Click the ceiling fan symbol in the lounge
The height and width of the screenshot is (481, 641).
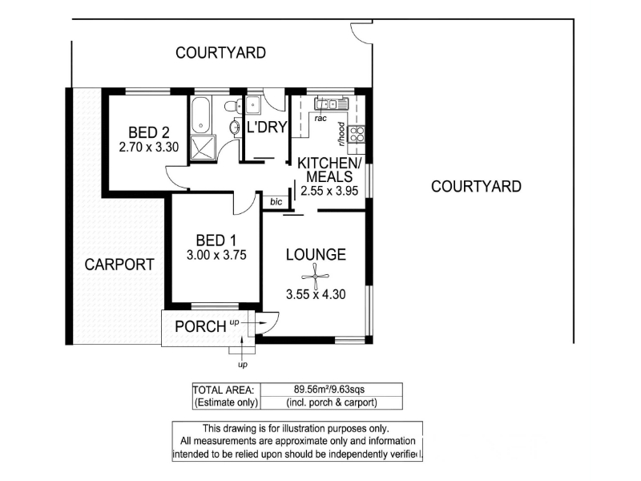point(315,277)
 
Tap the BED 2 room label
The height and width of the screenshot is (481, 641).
point(149,132)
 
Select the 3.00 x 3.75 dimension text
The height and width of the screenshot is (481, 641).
point(216,255)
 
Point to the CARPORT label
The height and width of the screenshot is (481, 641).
point(119,265)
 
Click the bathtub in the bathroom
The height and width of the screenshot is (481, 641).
point(201,115)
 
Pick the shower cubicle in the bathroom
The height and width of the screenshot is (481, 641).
point(203,148)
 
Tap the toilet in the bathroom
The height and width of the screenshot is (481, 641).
point(233,107)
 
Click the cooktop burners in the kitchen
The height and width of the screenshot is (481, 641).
point(356,134)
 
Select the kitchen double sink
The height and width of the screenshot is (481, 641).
point(331,103)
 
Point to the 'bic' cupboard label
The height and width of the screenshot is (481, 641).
point(276,202)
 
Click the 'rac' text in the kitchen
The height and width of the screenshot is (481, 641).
point(320,119)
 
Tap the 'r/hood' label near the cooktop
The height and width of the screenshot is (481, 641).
point(341,134)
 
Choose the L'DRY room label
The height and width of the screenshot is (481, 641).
point(267,127)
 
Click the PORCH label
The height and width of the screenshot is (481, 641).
point(200,327)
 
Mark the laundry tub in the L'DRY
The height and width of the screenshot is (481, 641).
point(253,105)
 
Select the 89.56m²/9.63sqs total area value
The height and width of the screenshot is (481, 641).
point(329,389)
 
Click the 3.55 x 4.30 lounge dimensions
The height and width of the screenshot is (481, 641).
point(316,294)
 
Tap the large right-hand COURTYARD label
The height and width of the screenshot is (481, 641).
point(476,187)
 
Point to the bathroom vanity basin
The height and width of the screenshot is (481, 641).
point(236,127)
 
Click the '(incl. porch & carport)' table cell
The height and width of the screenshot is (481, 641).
point(332,402)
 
